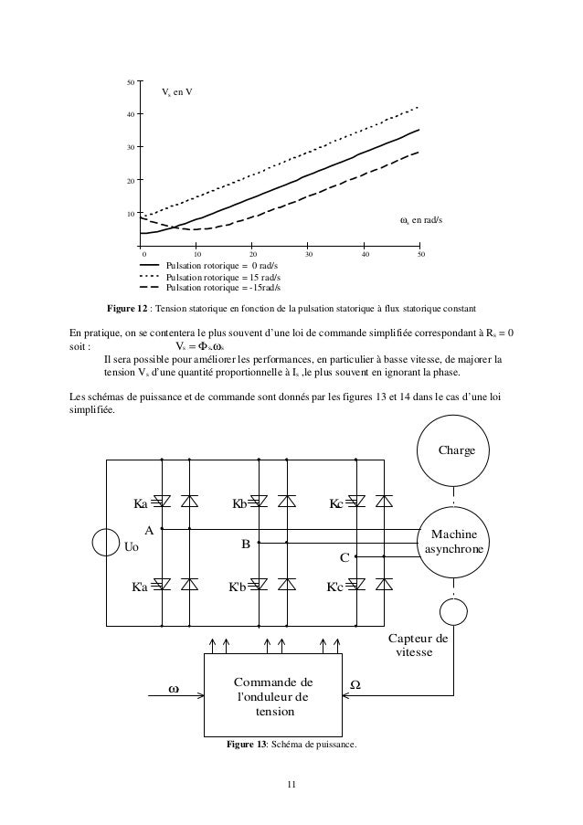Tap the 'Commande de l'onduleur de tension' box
point(273,696)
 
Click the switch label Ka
point(140,502)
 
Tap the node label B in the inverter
point(245,545)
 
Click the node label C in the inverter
point(344,556)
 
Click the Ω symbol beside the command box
point(355,684)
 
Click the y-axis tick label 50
point(131,82)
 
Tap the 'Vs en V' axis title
point(176,93)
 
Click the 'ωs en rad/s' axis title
point(421,220)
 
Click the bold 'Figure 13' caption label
point(247,744)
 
